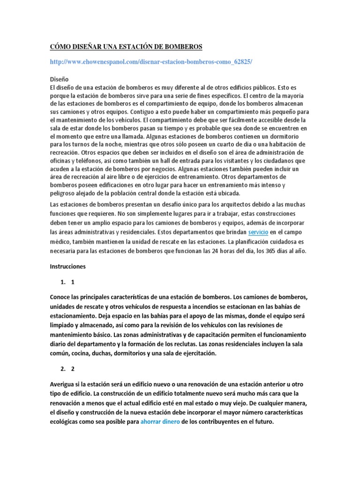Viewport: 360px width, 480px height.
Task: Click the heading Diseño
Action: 59,79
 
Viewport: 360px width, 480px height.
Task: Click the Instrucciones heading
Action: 68,266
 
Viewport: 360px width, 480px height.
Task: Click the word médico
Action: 60,241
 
